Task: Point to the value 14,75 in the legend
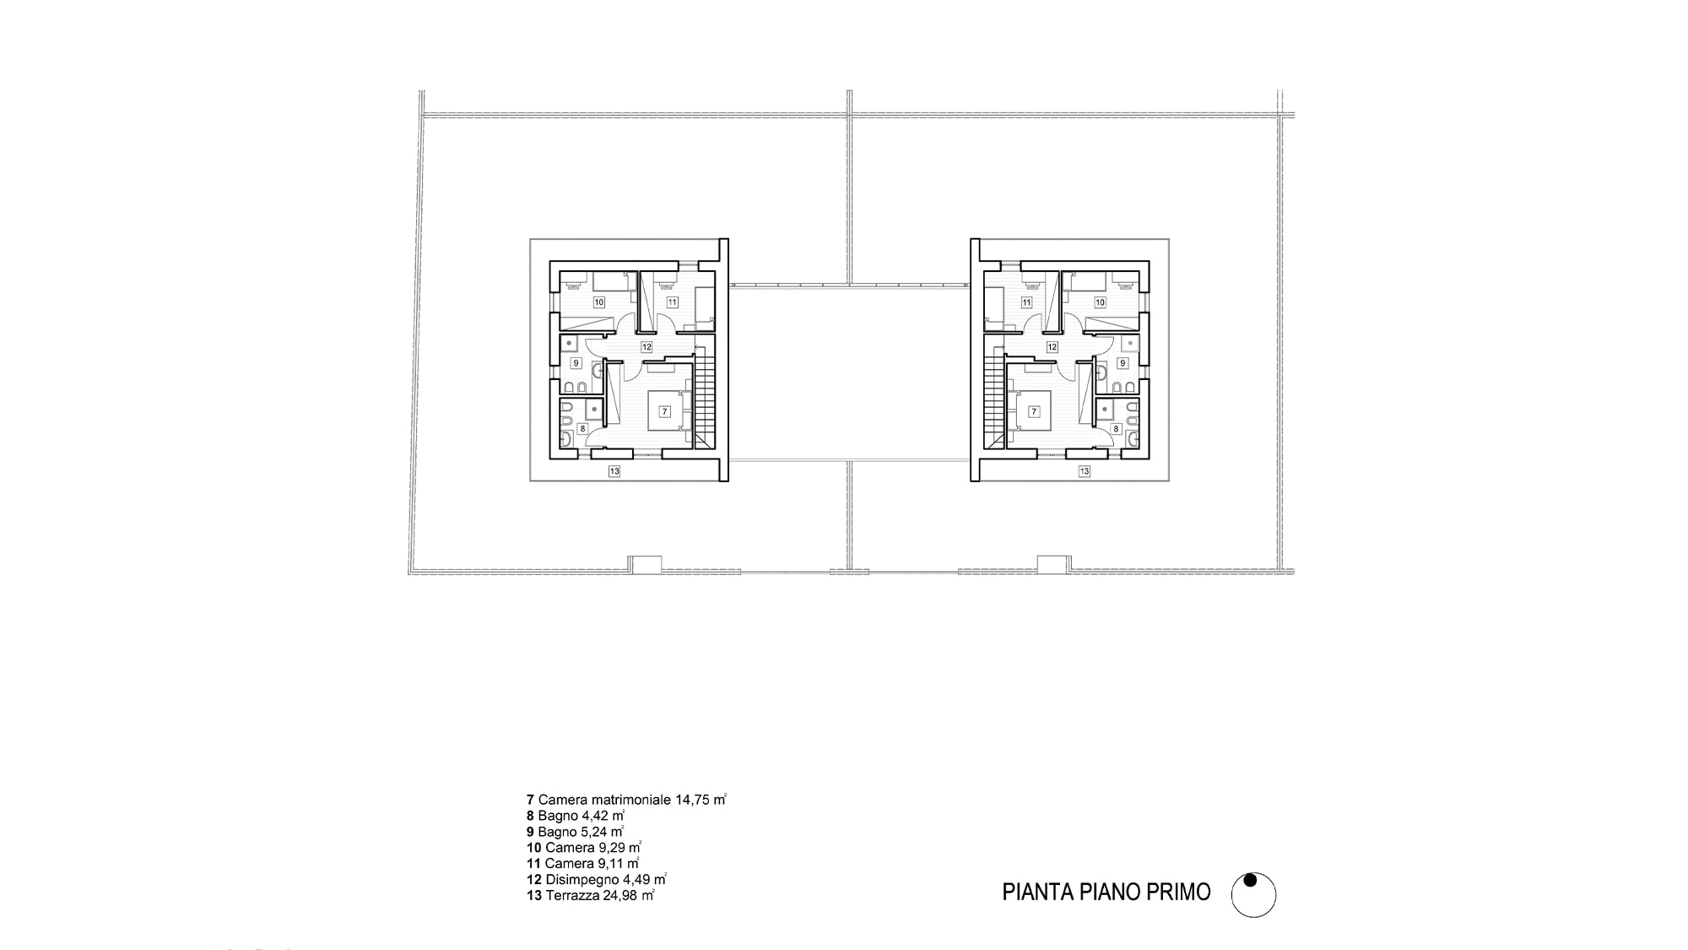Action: (692, 799)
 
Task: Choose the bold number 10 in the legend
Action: (533, 847)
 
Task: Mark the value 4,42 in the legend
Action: (596, 815)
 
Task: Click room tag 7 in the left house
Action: (665, 411)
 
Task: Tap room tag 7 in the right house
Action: (1034, 411)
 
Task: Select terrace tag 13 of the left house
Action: (614, 471)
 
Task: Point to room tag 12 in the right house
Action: (1052, 347)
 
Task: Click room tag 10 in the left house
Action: (599, 301)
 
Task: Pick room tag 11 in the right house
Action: (1026, 301)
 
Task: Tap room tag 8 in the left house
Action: (582, 428)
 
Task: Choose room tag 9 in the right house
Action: (1123, 362)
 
